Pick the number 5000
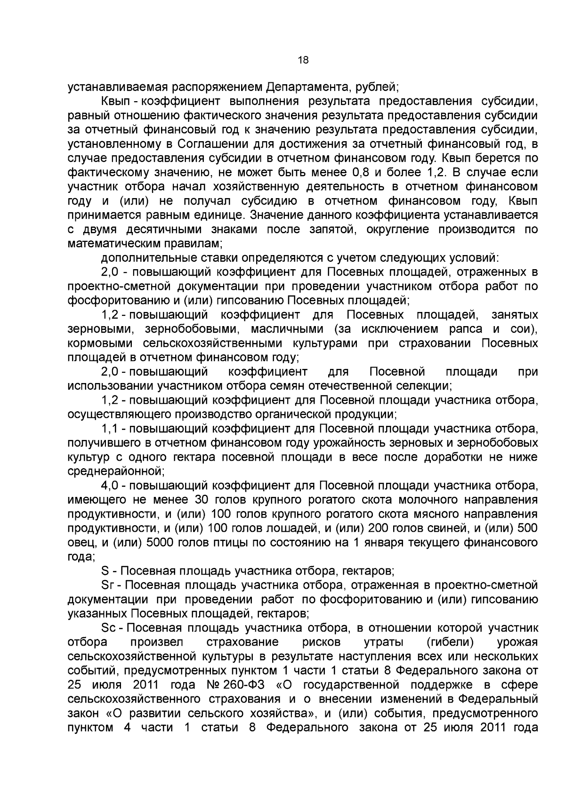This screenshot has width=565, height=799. [161, 543]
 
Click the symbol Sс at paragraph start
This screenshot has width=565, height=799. [107, 628]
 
